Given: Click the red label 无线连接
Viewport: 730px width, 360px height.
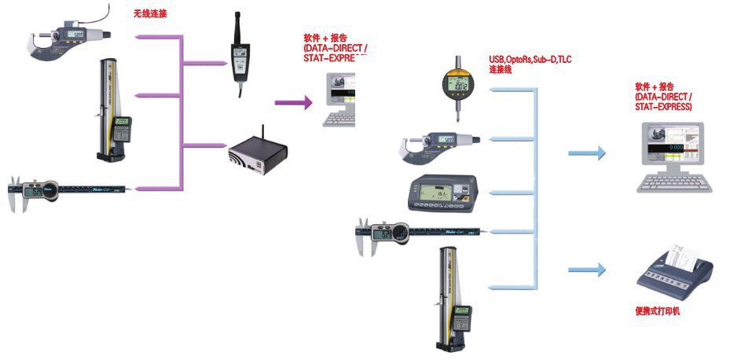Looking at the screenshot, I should pos(151,13).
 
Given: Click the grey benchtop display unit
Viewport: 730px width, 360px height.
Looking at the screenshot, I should pos(443,193).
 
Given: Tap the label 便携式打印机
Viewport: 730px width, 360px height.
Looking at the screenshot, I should pos(658,311).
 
